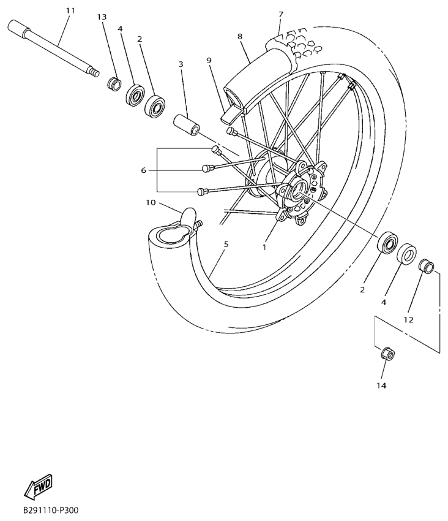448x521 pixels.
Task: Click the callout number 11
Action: (70, 10)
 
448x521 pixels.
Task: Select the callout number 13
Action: (102, 17)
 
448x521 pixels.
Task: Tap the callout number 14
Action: (382, 386)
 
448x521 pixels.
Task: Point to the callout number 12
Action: (408, 319)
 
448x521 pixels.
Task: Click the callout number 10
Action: (151, 203)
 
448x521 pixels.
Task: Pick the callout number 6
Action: (144, 170)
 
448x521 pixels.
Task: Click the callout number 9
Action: (209, 60)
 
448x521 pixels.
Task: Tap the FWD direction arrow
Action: (38, 488)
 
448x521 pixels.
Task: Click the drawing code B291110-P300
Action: (51, 510)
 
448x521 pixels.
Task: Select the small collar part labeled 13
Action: (113, 83)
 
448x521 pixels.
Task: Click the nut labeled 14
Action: (385, 354)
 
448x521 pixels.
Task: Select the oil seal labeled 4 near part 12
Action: (407, 253)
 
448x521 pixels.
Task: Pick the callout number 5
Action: (226, 244)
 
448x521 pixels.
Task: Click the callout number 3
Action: (181, 64)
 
